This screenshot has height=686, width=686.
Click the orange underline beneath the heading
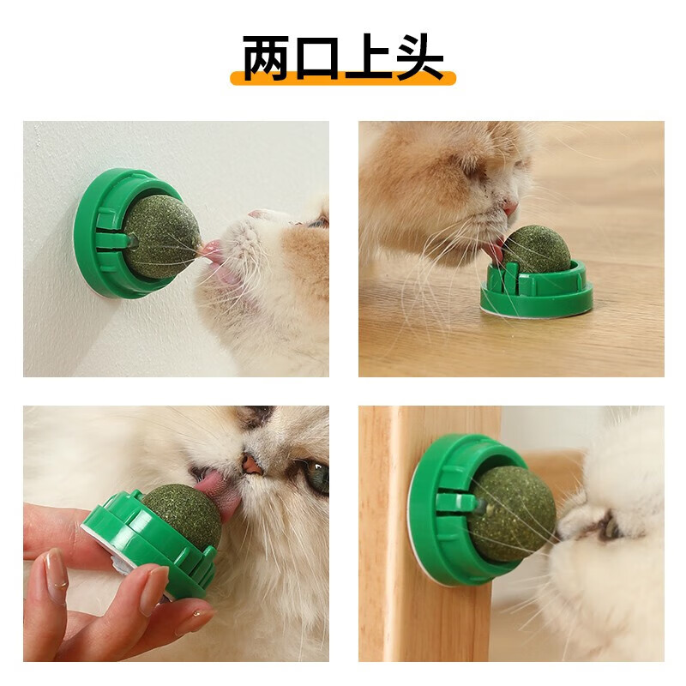pyautogui.click(x=343, y=79)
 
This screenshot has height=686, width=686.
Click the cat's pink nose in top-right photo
pyautogui.click(x=510, y=208)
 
